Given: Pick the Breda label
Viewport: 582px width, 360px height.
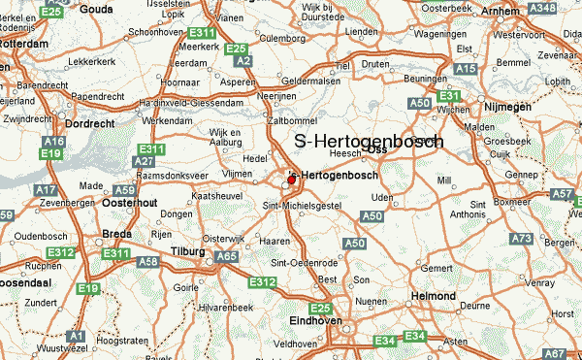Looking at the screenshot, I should pyautogui.click(x=117, y=233).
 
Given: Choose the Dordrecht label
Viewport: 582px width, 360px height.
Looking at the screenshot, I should pyautogui.click(x=90, y=124).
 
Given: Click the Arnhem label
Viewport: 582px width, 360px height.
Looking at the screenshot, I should pyautogui.click(x=499, y=10).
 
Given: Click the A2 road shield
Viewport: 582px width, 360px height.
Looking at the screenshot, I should pyautogui.click(x=243, y=61).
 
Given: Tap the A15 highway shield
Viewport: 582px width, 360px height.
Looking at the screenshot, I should pyautogui.click(x=466, y=69).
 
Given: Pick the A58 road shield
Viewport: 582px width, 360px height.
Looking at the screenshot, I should pyautogui.click(x=148, y=262).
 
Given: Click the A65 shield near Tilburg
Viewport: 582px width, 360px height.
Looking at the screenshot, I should pyautogui.click(x=227, y=256).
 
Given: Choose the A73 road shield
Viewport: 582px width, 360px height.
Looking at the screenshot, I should pyautogui.click(x=521, y=239).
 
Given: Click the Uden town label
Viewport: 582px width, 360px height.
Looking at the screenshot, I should pyautogui.click(x=382, y=198).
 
